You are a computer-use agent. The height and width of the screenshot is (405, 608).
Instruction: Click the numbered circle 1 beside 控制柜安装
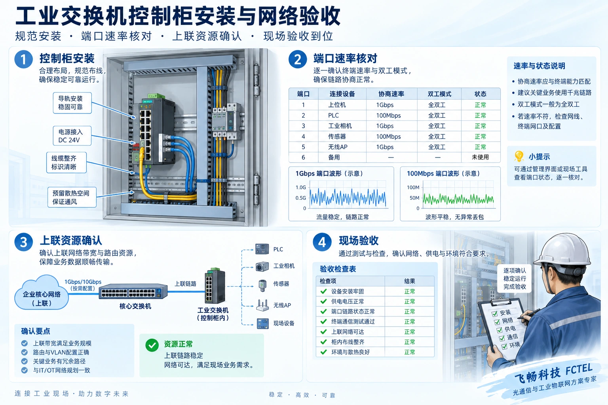pyautogui.click(x=24, y=59)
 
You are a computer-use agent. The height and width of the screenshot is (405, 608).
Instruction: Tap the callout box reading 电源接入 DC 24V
pyautogui.click(x=72, y=136)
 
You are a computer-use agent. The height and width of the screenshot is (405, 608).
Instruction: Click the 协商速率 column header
pyautogui.click(x=391, y=94)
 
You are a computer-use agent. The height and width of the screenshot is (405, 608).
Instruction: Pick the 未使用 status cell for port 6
pyautogui.click(x=480, y=157)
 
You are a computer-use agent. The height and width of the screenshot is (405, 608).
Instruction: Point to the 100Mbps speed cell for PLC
pyautogui.click(x=388, y=115)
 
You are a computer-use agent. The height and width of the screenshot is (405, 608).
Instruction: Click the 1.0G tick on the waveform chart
pyautogui.click(x=301, y=187)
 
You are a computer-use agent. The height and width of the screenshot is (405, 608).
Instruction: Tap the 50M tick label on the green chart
pyautogui.click(x=414, y=198)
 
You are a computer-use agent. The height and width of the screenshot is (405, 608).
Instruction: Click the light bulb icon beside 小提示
pyautogui.click(x=519, y=156)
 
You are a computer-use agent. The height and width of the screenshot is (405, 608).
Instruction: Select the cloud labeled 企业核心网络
pyautogui.click(x=42, y=293)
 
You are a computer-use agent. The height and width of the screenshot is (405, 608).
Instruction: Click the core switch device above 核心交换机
pyautogui.click(x=133, y=291)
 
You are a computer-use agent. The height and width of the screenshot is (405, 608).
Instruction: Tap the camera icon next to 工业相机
pyautogui.click(x=262, y=267)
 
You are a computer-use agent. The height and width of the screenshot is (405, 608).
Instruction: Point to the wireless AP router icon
pyautogui.click(x=262, y=305)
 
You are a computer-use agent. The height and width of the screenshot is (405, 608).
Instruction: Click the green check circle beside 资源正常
pyautogui.click(x=152, y=345)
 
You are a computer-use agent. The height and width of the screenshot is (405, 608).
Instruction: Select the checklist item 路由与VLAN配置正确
pyautogui.click(x=61, y=352)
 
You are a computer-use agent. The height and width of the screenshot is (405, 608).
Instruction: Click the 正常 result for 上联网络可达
pyautogui.click(x=409, y=331)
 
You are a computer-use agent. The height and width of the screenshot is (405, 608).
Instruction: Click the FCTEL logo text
pyautogui.click(x=579, y=369)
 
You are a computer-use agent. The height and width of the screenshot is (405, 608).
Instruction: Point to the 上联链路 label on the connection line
pyautogui.click(x=185, y=284)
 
